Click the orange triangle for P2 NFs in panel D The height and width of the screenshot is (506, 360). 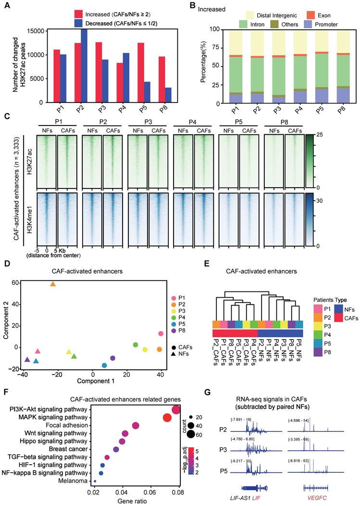click(x=53, y=284)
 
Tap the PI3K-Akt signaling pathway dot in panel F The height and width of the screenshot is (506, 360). click(x=176, y=409)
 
